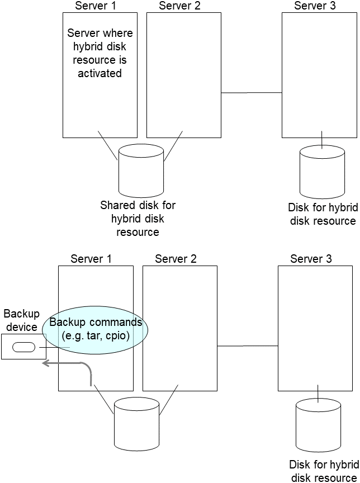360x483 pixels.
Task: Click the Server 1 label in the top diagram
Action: click(96, 6)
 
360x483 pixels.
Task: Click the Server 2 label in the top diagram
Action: click(179, 6)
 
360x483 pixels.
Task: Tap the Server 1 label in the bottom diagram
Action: click(91, 259)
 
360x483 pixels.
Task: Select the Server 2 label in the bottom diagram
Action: click(176, 259)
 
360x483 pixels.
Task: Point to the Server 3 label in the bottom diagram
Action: click(311, 259)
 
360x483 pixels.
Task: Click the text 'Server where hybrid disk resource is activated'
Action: click(100, 53)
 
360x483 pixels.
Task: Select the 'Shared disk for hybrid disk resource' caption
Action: click(138, 219)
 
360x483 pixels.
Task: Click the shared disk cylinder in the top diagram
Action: click(141, 169)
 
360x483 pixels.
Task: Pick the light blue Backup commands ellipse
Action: click(96, 329)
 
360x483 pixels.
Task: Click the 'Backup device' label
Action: click(22, 320)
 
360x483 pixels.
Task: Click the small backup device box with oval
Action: click(23, 347)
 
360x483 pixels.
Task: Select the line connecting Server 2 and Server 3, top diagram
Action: click(252, 93)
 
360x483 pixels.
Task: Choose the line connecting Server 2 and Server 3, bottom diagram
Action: click(247, 346)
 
